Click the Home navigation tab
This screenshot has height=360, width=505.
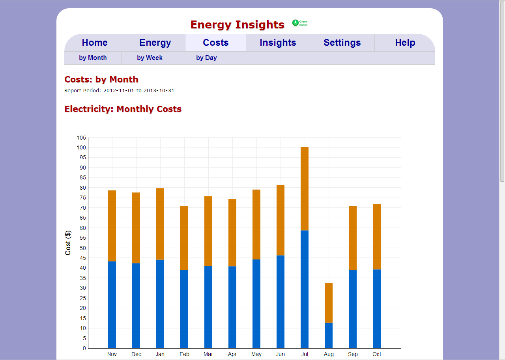click(x=95, y=43)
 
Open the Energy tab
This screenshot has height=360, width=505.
click(x=155, y=43)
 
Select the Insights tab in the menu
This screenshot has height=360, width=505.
click(x=278, y=43)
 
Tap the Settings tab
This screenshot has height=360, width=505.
click(x=342, y=43)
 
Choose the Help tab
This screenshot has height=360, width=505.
click(x=405, y=43)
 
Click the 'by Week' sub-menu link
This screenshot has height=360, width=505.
click(x=150, y=58)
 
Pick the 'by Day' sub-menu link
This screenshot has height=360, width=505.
click(x=206, y=58)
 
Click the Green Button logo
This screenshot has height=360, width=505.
click(x=300, y=23)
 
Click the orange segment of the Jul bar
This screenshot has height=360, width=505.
click(x=305, y=188)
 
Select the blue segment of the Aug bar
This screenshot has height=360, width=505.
click(x=329, y=336)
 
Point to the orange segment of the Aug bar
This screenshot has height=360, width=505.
click(x=329, y=302)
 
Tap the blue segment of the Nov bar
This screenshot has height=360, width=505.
click(x=112, y=305)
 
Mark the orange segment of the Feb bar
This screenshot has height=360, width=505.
click(x=184, y=238)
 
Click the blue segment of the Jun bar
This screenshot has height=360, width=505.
click(x=281, y=302)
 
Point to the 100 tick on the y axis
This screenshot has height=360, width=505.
click(x=81, y=147)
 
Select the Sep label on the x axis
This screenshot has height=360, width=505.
click(x=353, y=354)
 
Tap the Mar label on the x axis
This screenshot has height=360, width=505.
click(x=208, y=354)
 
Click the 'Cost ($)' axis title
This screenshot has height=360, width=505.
click(x=68, y=243)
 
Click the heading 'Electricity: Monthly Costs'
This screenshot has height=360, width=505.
click(x=123, y=109)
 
